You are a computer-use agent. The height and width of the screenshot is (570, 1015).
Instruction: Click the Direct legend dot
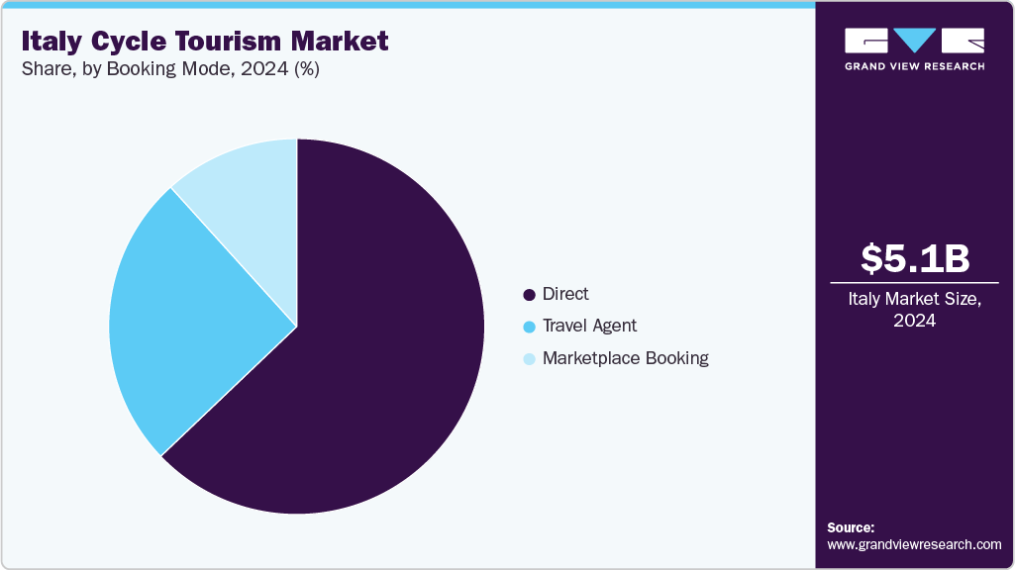530,295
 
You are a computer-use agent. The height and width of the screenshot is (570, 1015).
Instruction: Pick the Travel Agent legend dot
530,327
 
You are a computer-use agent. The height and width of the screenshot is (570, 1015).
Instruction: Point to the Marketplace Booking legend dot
530,359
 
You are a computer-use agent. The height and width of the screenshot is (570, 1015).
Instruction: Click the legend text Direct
565,294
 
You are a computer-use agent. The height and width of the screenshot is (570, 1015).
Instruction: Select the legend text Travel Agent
589,326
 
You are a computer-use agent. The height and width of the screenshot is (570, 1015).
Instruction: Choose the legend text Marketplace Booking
625,358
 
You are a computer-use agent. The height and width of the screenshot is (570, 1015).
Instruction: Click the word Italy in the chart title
51,42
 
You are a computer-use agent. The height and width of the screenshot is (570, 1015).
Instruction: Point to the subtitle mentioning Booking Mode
169,69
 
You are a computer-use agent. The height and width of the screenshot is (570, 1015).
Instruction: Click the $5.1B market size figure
914,258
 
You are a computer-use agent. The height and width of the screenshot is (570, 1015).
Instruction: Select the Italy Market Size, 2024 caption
914,310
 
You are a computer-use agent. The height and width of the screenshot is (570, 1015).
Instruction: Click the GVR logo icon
914,41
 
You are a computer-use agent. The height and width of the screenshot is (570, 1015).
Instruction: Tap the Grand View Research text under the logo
914,66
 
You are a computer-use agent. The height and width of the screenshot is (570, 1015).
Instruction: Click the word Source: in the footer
851,527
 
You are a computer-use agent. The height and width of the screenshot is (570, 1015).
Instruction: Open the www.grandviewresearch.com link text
914,544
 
